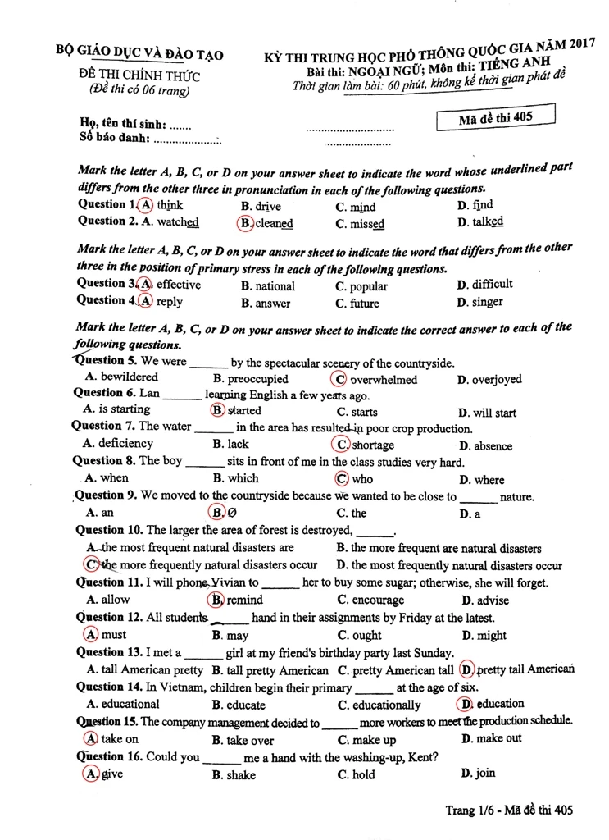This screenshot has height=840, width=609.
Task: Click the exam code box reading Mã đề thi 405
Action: (496, 118)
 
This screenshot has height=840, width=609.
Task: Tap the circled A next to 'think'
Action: (146, 204)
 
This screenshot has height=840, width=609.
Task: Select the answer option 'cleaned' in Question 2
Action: (274, 223)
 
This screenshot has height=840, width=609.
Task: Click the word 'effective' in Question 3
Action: (179, 285)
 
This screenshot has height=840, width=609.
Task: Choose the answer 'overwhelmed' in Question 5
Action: (384, 380)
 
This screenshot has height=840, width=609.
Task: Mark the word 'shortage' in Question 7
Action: (373, 445)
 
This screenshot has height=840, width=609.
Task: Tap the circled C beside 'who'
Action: (341, 479)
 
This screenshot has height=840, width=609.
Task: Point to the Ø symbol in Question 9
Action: (231, 514)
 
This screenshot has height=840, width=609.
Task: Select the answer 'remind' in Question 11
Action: (245, 600)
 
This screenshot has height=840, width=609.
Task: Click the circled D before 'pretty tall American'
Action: (467, 669)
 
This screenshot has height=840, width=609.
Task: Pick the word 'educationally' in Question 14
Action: (387, 705)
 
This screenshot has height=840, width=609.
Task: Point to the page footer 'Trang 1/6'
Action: (468, 810)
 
